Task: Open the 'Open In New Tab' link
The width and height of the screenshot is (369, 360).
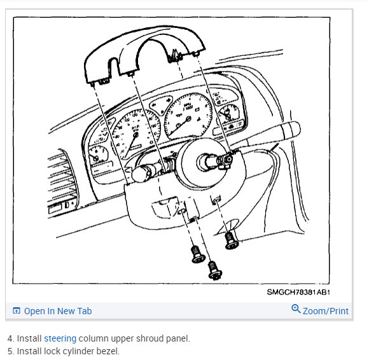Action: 57,311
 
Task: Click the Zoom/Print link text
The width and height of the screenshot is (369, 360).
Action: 326,311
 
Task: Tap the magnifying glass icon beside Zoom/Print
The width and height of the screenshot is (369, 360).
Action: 296,310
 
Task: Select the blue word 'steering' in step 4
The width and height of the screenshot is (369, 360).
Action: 60,338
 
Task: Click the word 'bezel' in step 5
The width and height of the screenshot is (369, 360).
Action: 108,351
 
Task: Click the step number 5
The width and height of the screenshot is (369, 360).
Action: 10,351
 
